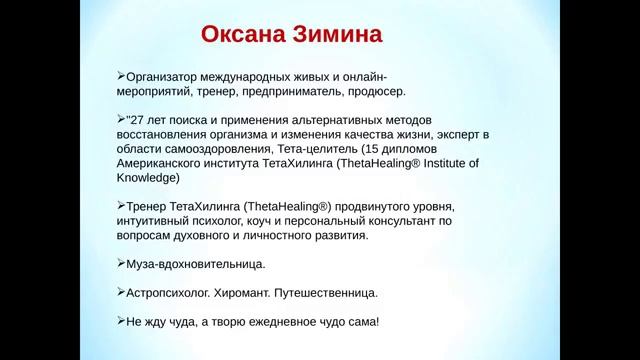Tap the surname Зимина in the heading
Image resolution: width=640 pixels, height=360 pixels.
coord(336,36)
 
